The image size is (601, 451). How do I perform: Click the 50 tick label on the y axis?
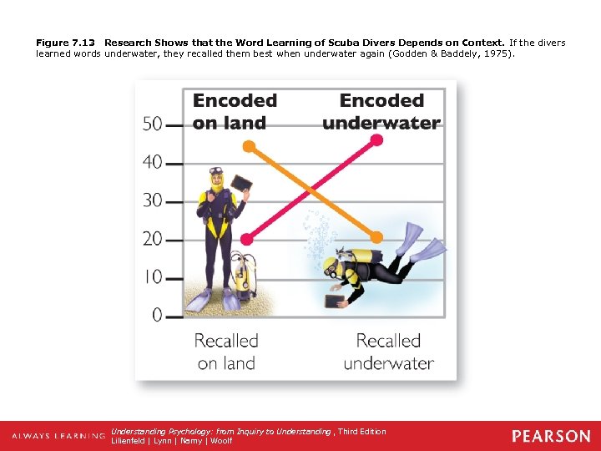[x=152, y=124]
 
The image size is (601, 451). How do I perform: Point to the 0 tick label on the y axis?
[x=157, y=315]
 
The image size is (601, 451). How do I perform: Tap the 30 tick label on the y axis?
[x=152, y=200]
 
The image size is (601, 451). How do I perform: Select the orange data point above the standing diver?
[x=248, y=145]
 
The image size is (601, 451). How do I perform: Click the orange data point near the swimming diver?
[x=377, y=237]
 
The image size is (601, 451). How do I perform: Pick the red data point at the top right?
[x=377, y=140]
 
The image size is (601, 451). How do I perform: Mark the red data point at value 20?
[x=246, y=239]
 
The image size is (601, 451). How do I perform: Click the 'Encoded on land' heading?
[x=234, y=111]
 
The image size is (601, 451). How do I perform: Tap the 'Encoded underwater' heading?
[x=381, y=111]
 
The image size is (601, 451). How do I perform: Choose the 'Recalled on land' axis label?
[x=226, y=352]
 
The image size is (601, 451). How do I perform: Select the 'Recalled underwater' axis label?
[x=388, y=352]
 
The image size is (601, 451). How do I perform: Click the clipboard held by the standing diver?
[x=241, y=183]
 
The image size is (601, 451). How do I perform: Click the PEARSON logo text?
[x=551, y=436]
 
